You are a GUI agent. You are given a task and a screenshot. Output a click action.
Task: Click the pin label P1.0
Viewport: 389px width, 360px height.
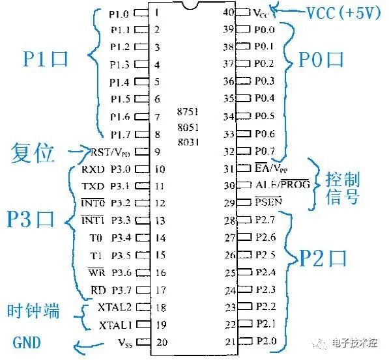tap(119, 14)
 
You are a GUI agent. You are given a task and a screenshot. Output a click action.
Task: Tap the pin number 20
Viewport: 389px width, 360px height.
tap(162, 342)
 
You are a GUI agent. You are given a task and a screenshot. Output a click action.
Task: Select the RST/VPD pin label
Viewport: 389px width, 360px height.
tap(110, 152)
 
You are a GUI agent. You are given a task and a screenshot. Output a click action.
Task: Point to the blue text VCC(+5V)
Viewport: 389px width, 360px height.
tap(343, 13)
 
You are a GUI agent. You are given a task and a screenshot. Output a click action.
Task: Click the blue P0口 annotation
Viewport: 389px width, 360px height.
tap(321, 60)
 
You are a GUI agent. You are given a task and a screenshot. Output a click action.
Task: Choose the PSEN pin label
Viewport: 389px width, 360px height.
tap(268, 202)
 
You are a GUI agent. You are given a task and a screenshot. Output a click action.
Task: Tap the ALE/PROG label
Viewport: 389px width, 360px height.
tap(283, 184)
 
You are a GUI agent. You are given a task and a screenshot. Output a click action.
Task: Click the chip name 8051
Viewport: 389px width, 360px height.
tap(188, 127)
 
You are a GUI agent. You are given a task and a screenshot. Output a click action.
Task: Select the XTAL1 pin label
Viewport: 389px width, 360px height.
tap(115, 325)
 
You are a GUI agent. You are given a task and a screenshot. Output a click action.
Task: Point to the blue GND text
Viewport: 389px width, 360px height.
tap(27, 342)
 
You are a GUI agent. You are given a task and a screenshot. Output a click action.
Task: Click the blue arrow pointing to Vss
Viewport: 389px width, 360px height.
tap(89, 346)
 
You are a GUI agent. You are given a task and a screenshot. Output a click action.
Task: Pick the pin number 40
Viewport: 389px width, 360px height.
tap(228, 12)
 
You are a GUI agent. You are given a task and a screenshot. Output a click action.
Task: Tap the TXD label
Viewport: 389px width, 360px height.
tap(93, 186)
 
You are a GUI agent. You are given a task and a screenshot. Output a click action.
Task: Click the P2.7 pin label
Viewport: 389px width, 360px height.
tap(265, 219)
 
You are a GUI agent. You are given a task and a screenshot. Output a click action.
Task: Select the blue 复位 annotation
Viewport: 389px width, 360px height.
tap(32, 153)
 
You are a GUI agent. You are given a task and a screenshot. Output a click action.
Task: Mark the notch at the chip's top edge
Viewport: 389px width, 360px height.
tap(190, 6)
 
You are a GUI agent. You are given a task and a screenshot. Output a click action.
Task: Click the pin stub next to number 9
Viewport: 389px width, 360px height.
tap(142, 152)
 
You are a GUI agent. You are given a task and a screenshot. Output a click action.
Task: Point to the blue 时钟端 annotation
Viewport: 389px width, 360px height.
tap(33, 311)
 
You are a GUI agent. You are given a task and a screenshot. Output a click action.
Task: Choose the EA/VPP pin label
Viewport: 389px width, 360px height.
tap(271, 169)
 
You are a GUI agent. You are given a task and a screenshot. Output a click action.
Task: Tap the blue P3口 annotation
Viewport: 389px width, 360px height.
tap(31, 219)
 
